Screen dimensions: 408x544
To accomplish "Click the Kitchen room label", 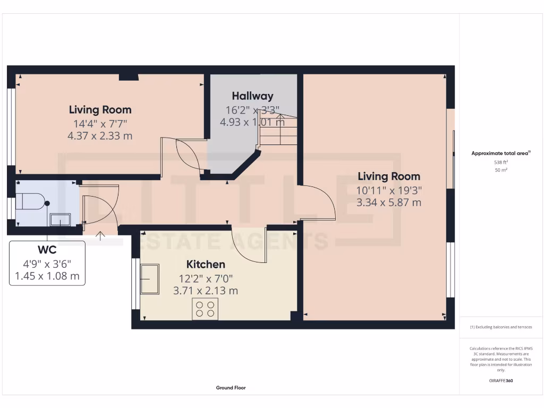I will (x=205, y=264).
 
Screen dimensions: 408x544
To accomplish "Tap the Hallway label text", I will (x=252, y=96).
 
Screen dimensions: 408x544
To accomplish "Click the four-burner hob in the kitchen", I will (x=205, y=309).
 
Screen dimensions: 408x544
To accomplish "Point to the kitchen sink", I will (x=150, y=278).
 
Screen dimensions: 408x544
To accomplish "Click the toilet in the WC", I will (x=31, y=201).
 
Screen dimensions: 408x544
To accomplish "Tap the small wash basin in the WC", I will (x=59, y=219).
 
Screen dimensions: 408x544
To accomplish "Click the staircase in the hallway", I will (x=278, y=133).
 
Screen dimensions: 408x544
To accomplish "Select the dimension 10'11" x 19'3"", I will (x=389, y=190).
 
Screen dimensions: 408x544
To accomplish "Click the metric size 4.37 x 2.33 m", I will (x=100, y=136).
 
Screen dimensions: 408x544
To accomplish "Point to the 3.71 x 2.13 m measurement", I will (x=205, y=291).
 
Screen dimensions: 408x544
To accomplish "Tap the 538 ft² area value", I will (x=501, y=163).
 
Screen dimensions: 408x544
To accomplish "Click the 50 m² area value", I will (x=501, y=170).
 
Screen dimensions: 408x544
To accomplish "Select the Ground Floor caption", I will (x=231, y=388).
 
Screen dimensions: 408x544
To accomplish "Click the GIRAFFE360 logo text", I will (x=501, y=381).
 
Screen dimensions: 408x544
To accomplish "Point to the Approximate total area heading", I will (x=501, y=153).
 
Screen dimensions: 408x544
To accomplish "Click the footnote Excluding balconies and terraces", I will (x=501, y=327).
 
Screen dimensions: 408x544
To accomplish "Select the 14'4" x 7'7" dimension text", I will (x=100, y=124).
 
